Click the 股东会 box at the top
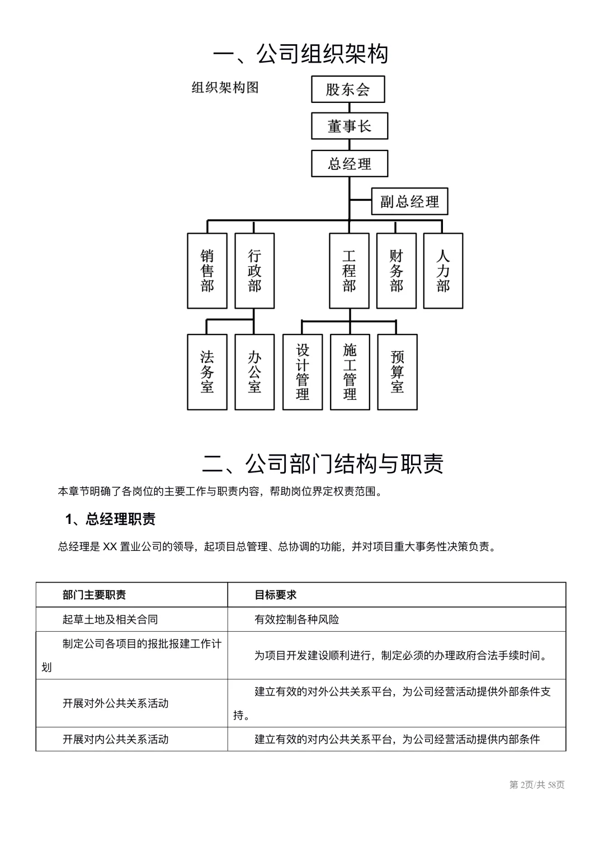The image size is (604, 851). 348,89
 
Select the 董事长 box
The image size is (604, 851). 349,126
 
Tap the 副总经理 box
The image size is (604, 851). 409,201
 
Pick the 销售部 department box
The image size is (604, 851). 207,271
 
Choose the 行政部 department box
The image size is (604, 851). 254,271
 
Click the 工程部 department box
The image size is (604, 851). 349,271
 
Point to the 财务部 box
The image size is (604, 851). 396,271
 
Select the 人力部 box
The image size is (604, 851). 443,271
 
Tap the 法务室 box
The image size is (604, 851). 207,372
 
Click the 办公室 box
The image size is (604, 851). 254,372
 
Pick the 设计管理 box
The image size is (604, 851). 303,372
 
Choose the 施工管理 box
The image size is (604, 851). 350,372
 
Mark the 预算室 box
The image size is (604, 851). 397,372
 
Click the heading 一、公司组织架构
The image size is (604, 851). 301,54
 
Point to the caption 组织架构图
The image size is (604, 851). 225,88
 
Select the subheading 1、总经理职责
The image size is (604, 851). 110,519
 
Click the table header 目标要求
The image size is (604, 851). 275,595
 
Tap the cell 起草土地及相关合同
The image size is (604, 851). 110,620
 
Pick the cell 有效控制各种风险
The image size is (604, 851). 296,620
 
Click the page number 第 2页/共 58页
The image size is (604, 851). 536,785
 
